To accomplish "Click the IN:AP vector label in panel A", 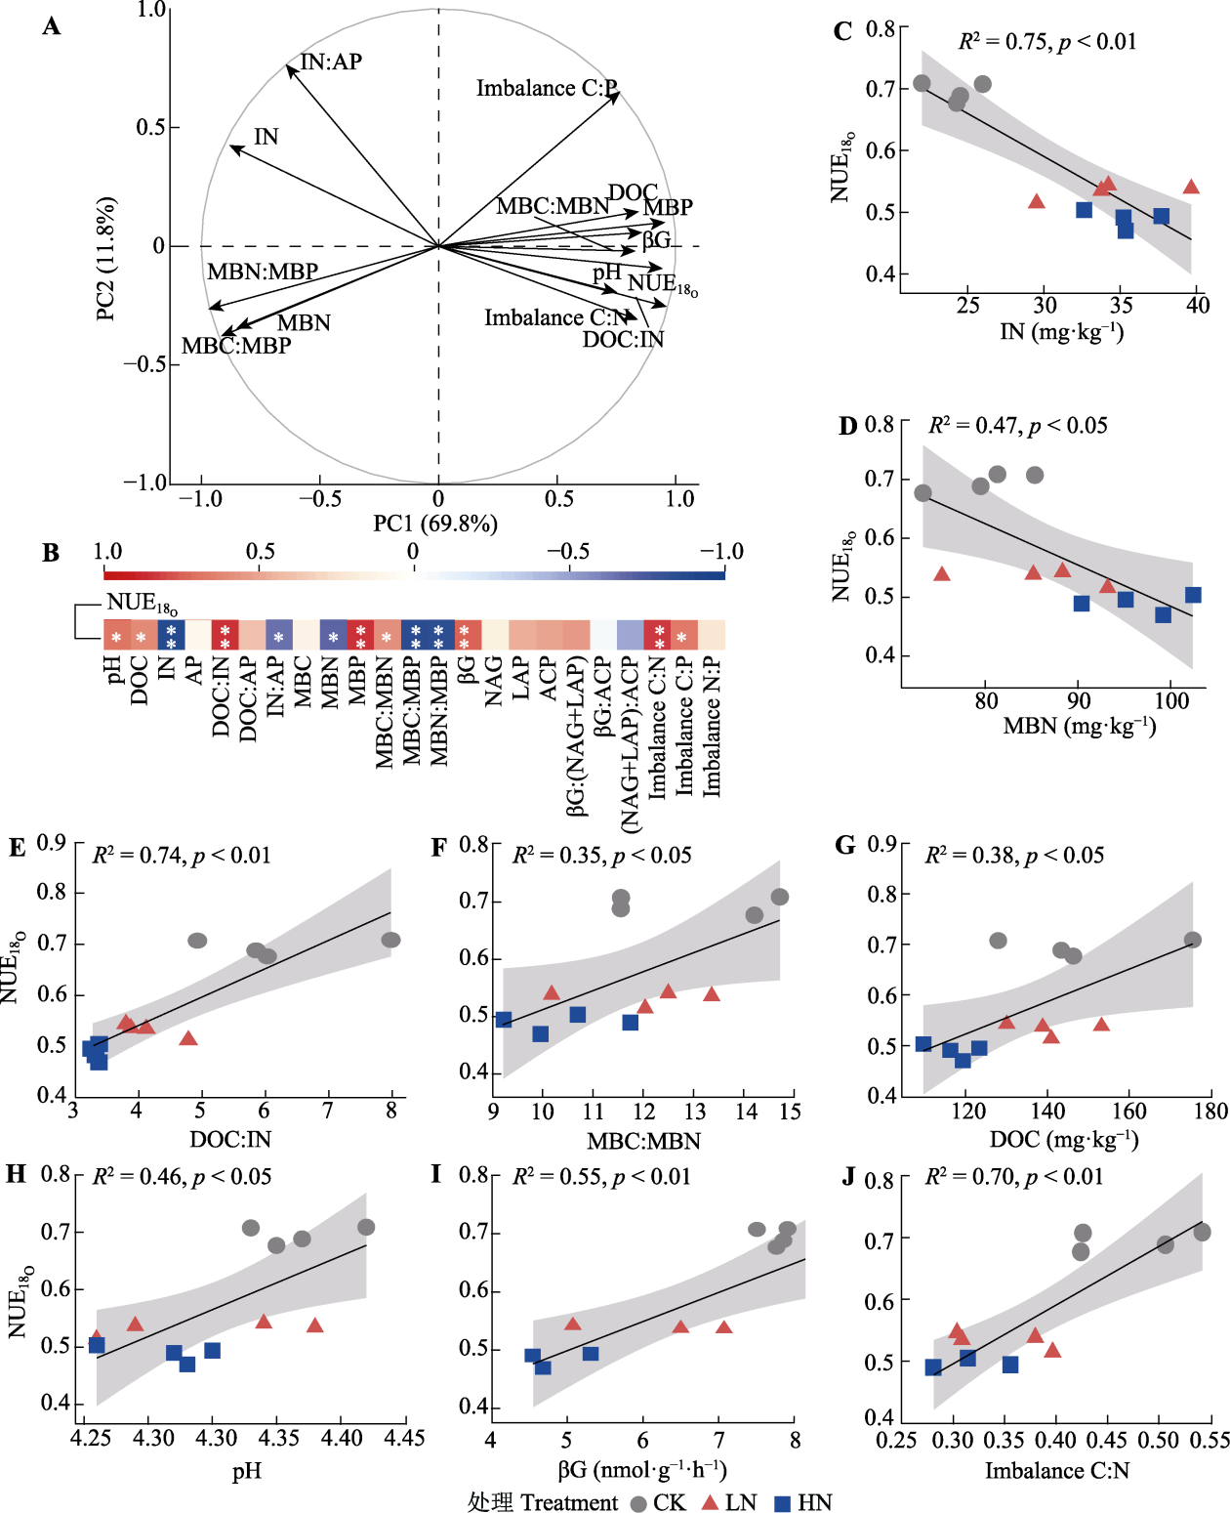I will coord(331,63).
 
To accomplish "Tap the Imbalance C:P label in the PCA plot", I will coord(547,89).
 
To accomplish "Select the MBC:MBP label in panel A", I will coord(236,346).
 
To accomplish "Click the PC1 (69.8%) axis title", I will coord(435,524).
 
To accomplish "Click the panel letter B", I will coord(51,553).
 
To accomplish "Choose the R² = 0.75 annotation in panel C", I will coord(1046,42).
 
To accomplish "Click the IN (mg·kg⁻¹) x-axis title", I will coord(1061,332).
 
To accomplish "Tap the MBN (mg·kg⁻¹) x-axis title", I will coord(1079,727).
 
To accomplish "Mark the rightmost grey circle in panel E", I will coord(390,940).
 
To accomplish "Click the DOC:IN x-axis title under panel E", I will coord(230,1139).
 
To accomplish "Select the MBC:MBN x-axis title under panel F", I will coord(643,1141).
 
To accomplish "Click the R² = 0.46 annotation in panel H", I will coord(182,1177).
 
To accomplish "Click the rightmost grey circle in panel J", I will coord(1202,1233).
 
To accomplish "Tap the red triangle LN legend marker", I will coord(711,1502).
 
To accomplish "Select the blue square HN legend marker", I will coord(783,1503).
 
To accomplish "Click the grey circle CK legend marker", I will coord(638,1503).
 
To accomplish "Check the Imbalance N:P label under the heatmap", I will coord(713,728).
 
